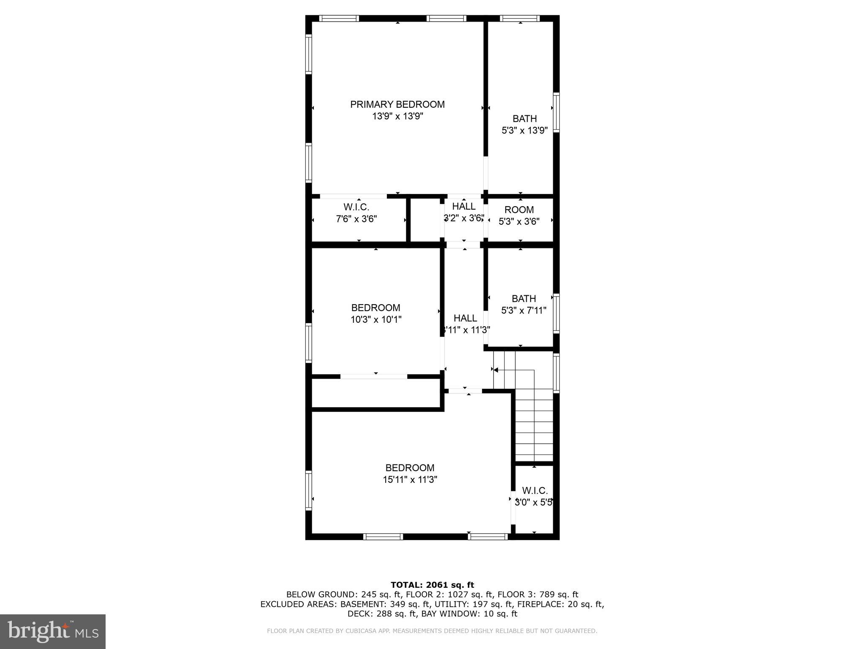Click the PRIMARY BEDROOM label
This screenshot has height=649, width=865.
(x=397, y=104)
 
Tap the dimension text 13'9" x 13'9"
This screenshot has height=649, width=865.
(x=397, y=116)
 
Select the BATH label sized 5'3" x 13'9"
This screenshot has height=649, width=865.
(x=525, y=119)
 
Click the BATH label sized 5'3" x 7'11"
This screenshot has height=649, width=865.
(x=524, y=299)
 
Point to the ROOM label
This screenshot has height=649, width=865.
(x=519, y=210)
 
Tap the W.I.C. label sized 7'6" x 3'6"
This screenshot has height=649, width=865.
(x=356, y=207)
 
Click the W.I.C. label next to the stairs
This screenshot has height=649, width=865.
(x=535, y=491)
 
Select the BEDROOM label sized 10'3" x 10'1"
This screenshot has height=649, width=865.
(x=375, y=308)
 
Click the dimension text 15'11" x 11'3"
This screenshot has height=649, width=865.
(x=410, y=480)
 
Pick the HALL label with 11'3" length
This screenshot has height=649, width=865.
(x=465, y=318)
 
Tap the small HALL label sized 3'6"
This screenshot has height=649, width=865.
(x=464, y=207)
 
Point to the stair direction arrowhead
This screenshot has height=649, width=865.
(x=496, y=370)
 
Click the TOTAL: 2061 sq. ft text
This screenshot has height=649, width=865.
(x=432, y=585)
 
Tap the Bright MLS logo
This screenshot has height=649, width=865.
(x=53, y=631)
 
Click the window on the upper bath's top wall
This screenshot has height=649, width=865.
(x=520, y=19)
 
